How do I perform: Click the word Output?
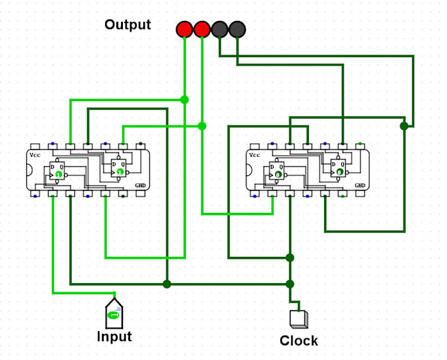(x=128, y=25)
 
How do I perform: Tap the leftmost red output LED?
(x=185, y=29)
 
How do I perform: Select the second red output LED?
(x=202, y=29)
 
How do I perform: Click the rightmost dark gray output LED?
(x=237, y=29)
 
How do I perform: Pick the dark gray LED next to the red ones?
(x=220, y=29)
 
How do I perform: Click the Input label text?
(x=114, y=337)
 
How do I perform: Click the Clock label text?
(x=298, y=341)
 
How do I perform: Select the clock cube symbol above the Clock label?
(x=298, y=319)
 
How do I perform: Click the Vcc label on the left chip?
(x=35, y=156)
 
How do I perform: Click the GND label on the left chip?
(x=140, y=186)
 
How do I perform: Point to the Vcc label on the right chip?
(x=254, y=156)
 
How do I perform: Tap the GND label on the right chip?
(x=360, y=186)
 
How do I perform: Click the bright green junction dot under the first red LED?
(x=185, y=100)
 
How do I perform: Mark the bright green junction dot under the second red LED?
(x=202, y=125)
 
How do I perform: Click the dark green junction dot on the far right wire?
(x=404, y=125)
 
